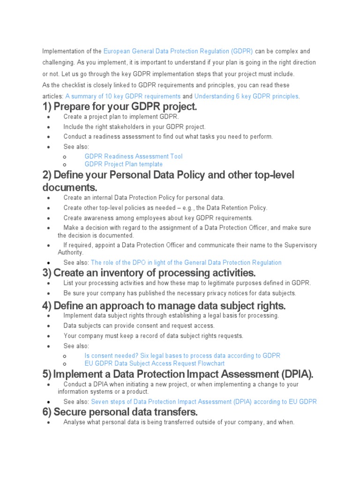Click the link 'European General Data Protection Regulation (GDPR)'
pyautogui.click(x=178, y=51)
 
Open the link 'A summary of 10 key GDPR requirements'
pyautogui.click(x=123, y=96)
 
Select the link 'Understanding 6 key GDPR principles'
pyautogui.click(x=246, y=96)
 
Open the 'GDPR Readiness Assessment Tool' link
pyautogui.click(x=134, y=156)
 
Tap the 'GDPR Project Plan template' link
pyautogui.click(x=124, y=164)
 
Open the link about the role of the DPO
pyautogui.click(x=186, y=262)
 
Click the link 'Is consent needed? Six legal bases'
pyautogui.click(x=182, y=356)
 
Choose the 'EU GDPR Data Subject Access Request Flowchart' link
pyautogui.click(x=155, y=363)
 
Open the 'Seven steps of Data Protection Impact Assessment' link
pyautogui.click(x=204, y=402)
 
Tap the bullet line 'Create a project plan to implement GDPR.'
pyautogui.click(x=121, y=117)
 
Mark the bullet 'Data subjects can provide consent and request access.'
pyautogui.click(x=139, y=325)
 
